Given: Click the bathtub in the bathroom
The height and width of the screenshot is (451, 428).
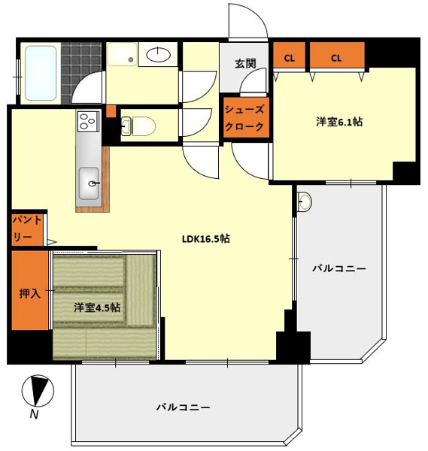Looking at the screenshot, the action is pyautogui.click(x=41, y=73).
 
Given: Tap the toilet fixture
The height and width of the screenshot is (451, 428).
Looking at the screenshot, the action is pyautogui.click(x=138, y=126).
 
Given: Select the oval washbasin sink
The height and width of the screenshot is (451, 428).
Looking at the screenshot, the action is pyautogui.click(x=158, y=54).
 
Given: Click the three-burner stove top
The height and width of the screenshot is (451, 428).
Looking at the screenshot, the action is pyautogui.click(x=88, y=121).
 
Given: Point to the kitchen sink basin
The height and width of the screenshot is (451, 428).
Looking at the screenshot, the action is pyautogui.click(x=89, y=183).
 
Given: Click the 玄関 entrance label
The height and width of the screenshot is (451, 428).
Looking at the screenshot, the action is pyautogui.click(x=245, y=64).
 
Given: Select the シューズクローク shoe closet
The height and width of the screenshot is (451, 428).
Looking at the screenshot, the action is pyautogui.click(x=246, y=117).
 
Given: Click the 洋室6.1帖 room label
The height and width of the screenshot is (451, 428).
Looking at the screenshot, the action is pyautogui.click(x=339, y=122).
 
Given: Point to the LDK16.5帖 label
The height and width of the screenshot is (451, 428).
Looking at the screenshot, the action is pyautogui.click(x=206, y=239).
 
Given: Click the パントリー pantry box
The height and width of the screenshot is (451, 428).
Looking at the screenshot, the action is pyautogui.click(x=27, y=230).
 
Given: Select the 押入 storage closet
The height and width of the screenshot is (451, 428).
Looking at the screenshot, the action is pyautogui.click(x=30, y=290).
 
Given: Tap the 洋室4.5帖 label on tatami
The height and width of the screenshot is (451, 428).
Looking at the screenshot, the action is pyautogui.click(x=97, y=307).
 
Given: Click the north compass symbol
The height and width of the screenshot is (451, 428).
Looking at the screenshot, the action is pyautogui.click(x=38, y=391).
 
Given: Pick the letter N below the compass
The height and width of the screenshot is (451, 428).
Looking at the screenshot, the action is pyautogui.click(x=35, y=414).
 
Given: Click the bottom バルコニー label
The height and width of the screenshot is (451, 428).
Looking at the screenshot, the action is pyautogui.click(x=183, y=407).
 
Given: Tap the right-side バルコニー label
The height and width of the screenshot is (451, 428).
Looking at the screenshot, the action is pyautogui.click(x=339, y=268).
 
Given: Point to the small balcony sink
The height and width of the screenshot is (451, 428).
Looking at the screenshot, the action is pyautogui.click(x=305, y=201).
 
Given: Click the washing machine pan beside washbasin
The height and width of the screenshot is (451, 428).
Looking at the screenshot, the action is pyautogui.click(x=122, y=54).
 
